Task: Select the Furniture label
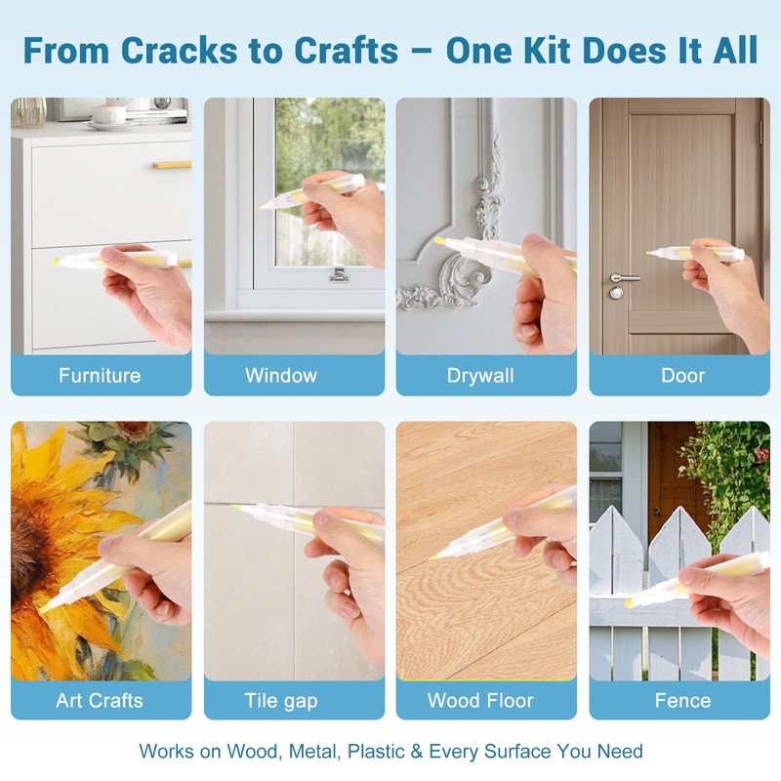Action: tap(100, 375)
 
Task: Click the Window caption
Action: tap(281, 375)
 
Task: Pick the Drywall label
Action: tap(480, 376)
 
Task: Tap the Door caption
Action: tap(682, 376)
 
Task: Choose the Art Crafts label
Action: tap(100, 700)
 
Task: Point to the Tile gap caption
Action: tap(281, 701)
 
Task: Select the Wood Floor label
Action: tap(480, 700)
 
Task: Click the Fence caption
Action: tap(682, 700)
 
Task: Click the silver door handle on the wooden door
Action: tap(624, 277)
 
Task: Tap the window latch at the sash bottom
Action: tap(339, 274)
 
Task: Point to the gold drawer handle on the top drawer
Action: tap(173, 165)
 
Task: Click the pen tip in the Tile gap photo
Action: tap(234, 507)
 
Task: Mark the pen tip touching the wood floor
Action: tap(432, 556)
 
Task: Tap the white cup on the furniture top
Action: tap(108, 115)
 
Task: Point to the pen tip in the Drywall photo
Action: tap(438, 240)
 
